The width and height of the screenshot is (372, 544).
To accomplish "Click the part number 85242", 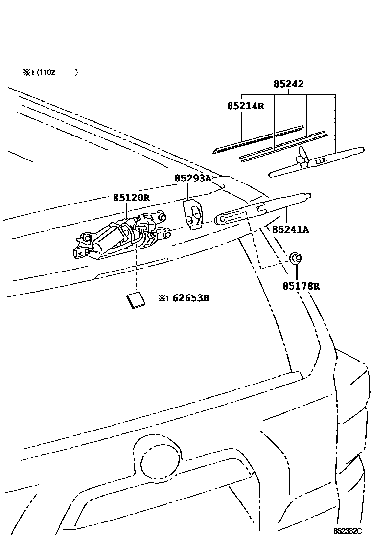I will pyautogui.click(x=288, y=84).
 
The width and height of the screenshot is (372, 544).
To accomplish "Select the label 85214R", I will pyautogui.click(x=245, y=106).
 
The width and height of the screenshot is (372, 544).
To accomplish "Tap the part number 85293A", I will pyautogui.click(x=192, y=179).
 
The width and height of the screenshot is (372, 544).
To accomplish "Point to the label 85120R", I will pyautogui.click(x=131, y=198).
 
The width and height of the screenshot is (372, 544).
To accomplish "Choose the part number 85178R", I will pyautogui.click(x=301, y=286).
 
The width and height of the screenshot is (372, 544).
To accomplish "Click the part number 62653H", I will pyautogui.click(x=190, y=298).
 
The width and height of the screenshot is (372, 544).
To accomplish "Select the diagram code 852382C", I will pyautogui.click(x=348, y=531).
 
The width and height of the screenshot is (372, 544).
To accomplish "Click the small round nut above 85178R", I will pyautogui.click(x=295, y=258).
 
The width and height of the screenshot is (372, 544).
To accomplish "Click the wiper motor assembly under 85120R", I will pyautogui.click(x=120, y=237).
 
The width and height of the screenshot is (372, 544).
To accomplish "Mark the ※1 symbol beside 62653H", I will pyautogui.click(x=163, y=298).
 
